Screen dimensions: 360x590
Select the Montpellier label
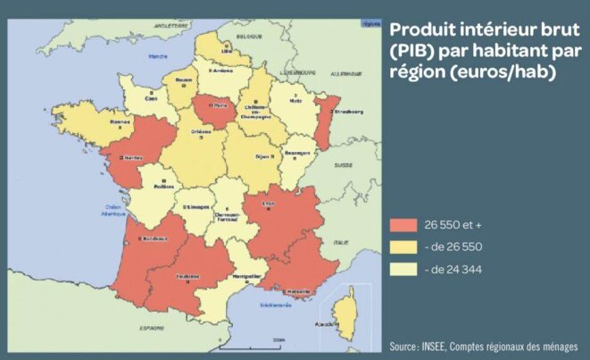pyautogui.click(x=246, y=277)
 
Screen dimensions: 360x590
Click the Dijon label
pyautogui.click(x=262, y=156)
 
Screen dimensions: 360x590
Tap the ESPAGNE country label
pyautogui.click(x=120, y=330)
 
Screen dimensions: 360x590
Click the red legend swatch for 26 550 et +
pyautogui.click(x=403, y=225)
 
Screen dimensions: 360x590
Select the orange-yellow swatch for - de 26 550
pyautogui.click(x=403, y=247)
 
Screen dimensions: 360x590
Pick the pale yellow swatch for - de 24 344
pyautogui.click(x=403, y=268)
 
